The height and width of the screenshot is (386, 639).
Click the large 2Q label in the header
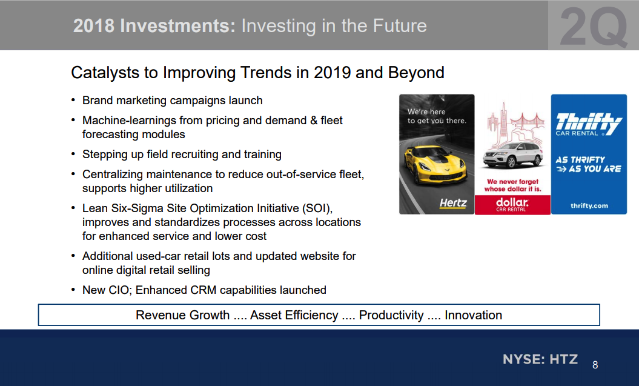pyautogui.click(x=594, y=27)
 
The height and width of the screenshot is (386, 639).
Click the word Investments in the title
pyautogui.click(x=177, y=25)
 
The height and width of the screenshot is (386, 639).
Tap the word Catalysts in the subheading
pyautogui.click(x=105, y=73)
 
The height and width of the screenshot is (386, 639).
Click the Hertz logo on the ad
pyautogui.click(x=453, y=202)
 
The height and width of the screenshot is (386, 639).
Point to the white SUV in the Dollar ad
pyautogui.click(x=513, y=155)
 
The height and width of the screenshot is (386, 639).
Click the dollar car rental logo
pyautogui.click(x=512, y=204)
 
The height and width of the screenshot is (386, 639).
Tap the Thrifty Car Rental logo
pyautogui.click(x=589, y=124)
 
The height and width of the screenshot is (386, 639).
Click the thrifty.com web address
pyautogui.click(x=589, y=205)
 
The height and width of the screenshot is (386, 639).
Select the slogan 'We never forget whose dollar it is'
pyautogui.click(x=512, y=185)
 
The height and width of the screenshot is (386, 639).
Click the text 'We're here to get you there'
pyautogui.click(x=437, y=116)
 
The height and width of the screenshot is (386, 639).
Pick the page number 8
pyautogui.click(x=595, y=365)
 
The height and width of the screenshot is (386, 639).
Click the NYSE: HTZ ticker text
pyautogui.click(x=540, y=359)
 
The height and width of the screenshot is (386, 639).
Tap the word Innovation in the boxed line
pyautogui.click(x=473, y=315)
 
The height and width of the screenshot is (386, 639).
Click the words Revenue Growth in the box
pyautogui.click(x=182, y=315)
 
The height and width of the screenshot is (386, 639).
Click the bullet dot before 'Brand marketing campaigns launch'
pyautogui.click(x=73, y=100)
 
